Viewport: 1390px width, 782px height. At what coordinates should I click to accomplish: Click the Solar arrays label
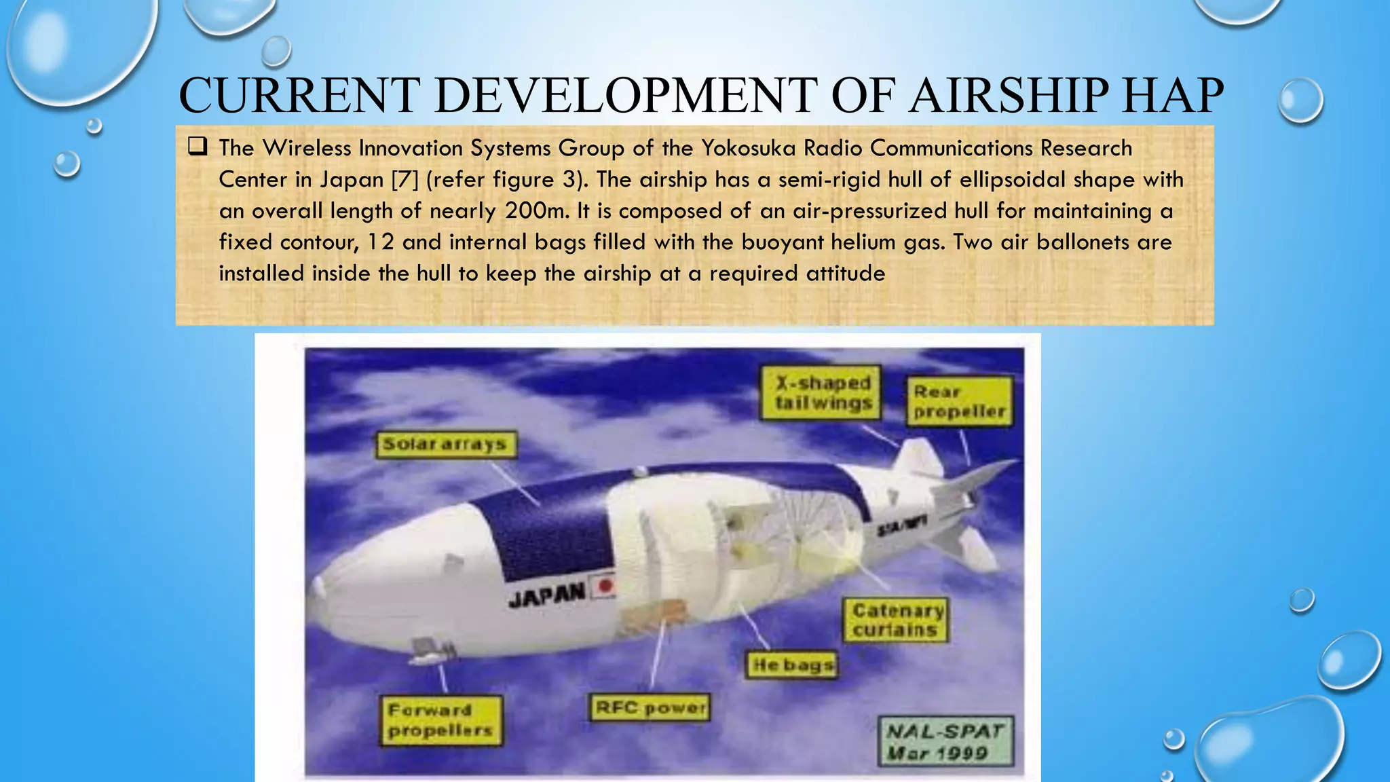(445, 445)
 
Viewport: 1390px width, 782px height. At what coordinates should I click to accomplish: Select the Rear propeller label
(959, 402)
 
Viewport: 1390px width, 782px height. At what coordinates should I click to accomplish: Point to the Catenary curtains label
(896, 620)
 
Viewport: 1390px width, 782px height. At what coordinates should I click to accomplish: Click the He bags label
(793, 665)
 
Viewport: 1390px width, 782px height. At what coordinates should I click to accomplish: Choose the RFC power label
(650, 708)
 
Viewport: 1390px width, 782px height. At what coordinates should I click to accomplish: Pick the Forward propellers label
(440, 720)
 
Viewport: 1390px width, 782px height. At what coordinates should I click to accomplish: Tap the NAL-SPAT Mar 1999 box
(945, 742)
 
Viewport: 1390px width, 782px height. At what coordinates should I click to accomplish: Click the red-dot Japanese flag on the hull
(605, 586)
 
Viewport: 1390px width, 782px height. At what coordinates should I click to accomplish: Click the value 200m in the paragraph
(536, 210)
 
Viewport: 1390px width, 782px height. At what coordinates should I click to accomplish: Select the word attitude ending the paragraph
(845, 273)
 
